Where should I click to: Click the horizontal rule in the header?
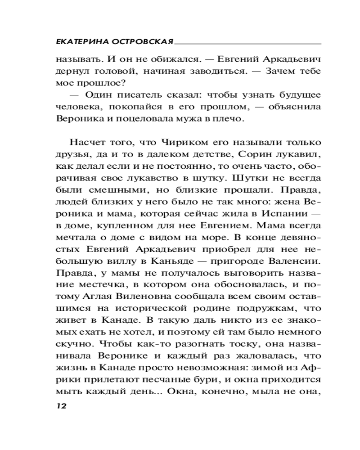(x=247, y=43)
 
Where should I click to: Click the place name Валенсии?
(x=296, y=260)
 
